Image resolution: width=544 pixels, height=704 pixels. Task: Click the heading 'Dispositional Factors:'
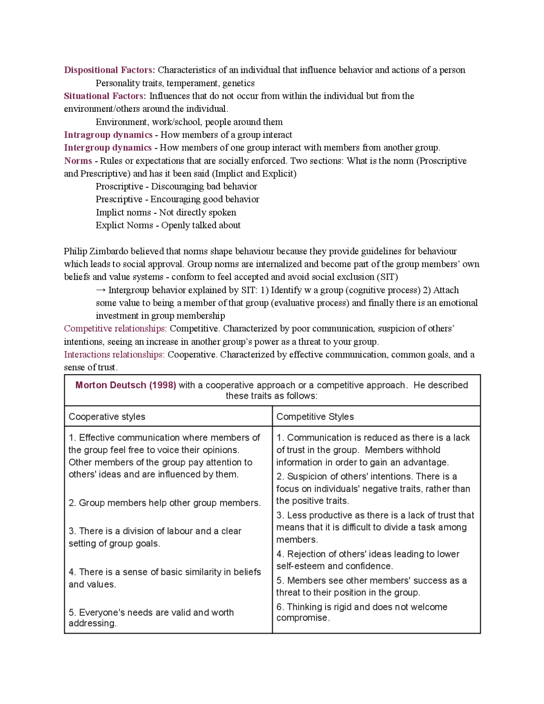point(109,70)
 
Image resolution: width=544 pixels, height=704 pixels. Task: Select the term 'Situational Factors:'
point(105,96)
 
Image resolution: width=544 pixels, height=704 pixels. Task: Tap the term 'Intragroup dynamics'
point(108,135)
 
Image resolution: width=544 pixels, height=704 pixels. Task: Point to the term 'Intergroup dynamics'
point(108,148)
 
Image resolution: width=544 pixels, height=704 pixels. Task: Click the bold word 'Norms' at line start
point(78,161)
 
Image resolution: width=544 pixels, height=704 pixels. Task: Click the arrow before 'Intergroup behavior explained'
point(101,290)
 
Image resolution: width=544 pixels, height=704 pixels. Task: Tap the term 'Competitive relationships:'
point(115,329)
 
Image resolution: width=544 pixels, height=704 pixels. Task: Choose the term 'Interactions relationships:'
point(114,355)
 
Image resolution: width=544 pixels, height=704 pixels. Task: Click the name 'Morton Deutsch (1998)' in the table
point(125,385)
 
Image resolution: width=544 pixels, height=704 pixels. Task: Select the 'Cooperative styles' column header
point(107,417)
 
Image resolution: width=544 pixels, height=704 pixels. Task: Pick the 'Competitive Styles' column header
point(315,417)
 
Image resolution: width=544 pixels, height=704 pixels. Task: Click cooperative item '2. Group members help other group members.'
point(164,503)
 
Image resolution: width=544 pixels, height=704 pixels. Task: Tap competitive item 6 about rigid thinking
point(361,612)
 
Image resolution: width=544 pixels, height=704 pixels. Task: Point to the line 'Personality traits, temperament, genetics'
point(175,83)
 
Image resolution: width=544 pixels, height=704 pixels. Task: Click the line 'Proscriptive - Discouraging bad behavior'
point(176,186)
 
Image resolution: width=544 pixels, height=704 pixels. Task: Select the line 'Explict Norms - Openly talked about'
point(168,225)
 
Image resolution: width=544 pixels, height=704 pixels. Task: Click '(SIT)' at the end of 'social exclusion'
point(387,277)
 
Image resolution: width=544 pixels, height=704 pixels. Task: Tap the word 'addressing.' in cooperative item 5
point(92,624)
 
